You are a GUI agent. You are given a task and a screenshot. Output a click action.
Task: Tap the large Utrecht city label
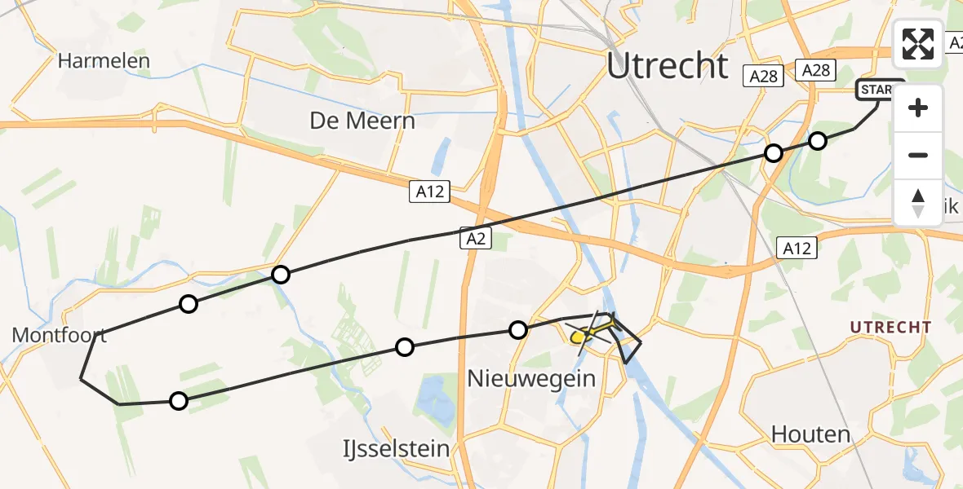click(x=667, y=65)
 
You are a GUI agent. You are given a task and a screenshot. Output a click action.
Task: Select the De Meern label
click(x=362, y=121)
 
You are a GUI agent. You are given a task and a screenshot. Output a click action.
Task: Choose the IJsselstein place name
click(x=397, y=448)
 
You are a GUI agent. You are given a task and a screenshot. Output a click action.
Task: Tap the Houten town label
click(x=810, y=434)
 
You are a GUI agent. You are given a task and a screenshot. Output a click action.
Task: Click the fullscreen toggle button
click(x=918, y=44)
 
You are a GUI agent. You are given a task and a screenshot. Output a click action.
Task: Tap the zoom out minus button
click(x=918, y=155)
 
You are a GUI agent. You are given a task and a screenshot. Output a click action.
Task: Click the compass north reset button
click(x=918, y=202)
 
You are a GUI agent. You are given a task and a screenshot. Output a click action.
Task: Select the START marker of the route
click(x=880, y=90)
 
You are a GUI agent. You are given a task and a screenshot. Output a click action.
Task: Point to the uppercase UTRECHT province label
click(x=890, y=328)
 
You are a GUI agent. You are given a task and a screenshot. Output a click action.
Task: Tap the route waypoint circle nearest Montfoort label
click(x=189, y=304)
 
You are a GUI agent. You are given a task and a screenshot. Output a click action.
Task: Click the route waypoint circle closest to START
click(x=818, y=141)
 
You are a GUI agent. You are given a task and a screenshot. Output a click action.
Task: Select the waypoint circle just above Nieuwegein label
click(x=517, y=330)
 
